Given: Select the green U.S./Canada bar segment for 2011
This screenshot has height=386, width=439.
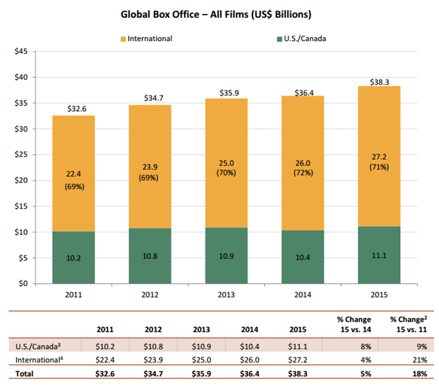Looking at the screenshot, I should (x=73, y=258).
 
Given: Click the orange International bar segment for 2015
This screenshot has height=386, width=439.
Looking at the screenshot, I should (x=379, y=156).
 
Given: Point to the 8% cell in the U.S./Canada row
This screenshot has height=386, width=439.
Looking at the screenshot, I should (x=363, y=346).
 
